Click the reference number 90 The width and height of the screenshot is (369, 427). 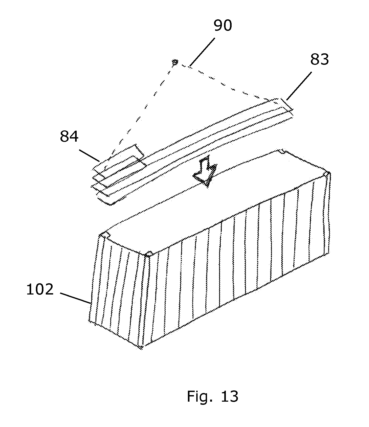223,26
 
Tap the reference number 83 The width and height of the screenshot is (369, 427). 320,60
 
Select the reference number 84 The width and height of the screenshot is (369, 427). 69,136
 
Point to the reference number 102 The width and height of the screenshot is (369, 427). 40,290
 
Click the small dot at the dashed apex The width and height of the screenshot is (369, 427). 175,62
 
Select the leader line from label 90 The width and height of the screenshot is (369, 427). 203,51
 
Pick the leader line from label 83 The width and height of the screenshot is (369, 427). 299,86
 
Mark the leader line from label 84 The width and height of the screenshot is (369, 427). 89,155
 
